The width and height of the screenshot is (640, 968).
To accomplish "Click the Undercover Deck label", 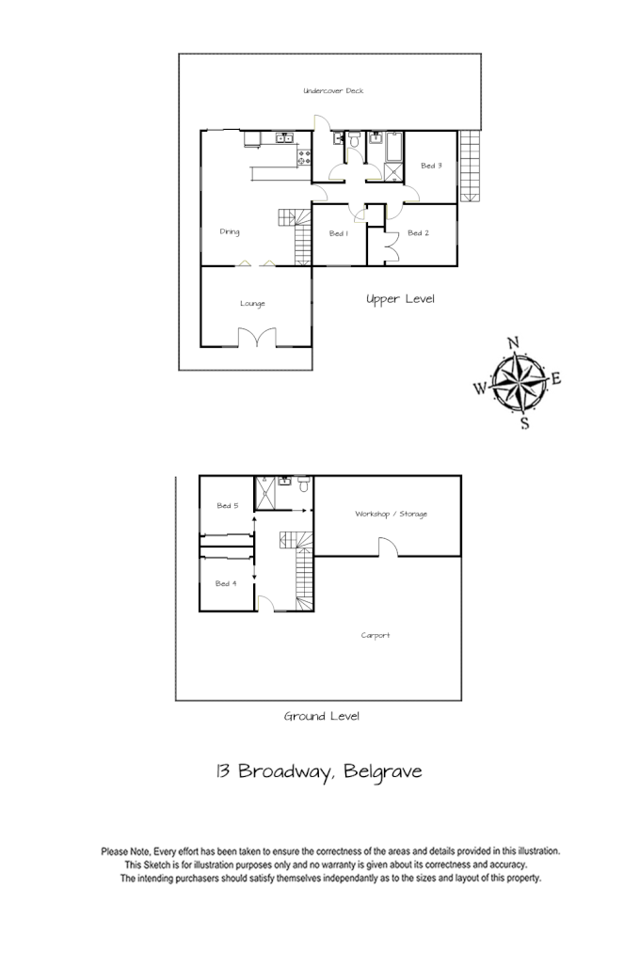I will (x=333, y=91).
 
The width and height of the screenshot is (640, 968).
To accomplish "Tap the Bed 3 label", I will (x=431, y=167).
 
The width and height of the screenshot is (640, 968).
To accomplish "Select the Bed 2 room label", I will (x=418, y=232).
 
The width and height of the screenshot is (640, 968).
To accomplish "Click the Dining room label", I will (x=230, y=231).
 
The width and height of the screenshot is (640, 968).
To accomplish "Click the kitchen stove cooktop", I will (x=303, y=158).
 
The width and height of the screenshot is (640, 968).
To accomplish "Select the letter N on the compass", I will (x=513, y=343).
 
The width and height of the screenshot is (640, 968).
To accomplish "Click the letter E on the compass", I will (x=555, y=379).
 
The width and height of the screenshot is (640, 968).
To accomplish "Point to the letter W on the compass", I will (x=480, y=387).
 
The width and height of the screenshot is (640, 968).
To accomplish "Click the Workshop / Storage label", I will (x=391, y=514).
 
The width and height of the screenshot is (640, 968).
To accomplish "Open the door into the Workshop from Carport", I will (x=387, y=547).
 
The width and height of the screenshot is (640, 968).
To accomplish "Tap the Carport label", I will (x=376, y=635).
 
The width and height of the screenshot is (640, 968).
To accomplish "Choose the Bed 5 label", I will (x=227, y=506).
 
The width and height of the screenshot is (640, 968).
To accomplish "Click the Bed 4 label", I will (x=226, y=583).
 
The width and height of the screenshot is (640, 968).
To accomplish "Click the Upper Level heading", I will (x=400, y=299).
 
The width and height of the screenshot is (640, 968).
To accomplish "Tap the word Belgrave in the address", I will (x=383, y=772).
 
